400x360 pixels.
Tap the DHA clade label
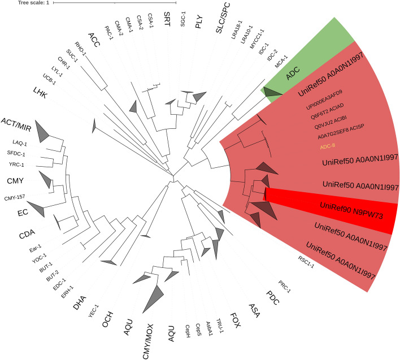coord(80,305)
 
